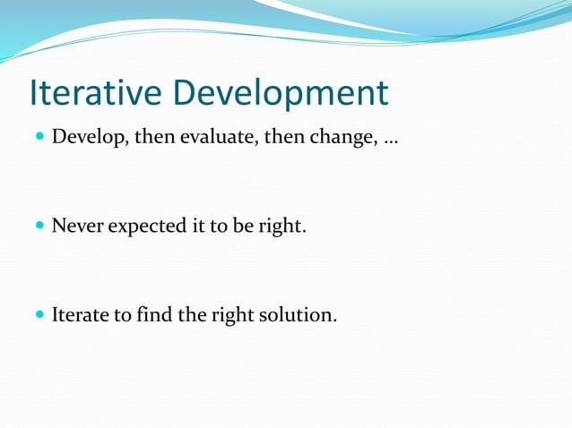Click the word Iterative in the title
[95, 93]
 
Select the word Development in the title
[281, 93]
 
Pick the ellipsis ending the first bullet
[391, 141]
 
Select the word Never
[77, 227]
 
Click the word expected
[146, 227]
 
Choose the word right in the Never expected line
[282, 227]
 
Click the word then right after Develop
[153, 138]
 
